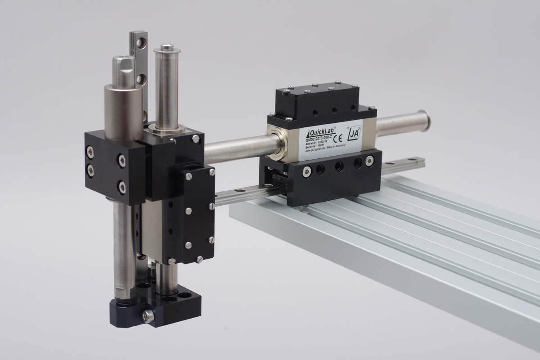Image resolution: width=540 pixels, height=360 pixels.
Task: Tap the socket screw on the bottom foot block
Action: click(148, 316)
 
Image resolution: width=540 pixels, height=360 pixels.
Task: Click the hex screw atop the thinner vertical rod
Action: click(167, 46)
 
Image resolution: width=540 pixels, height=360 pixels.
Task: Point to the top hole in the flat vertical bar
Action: click(143, 43)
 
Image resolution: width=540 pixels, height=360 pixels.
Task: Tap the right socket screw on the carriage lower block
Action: click(369, 160)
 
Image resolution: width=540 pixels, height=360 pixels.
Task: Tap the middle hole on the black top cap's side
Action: click(334, 110)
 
